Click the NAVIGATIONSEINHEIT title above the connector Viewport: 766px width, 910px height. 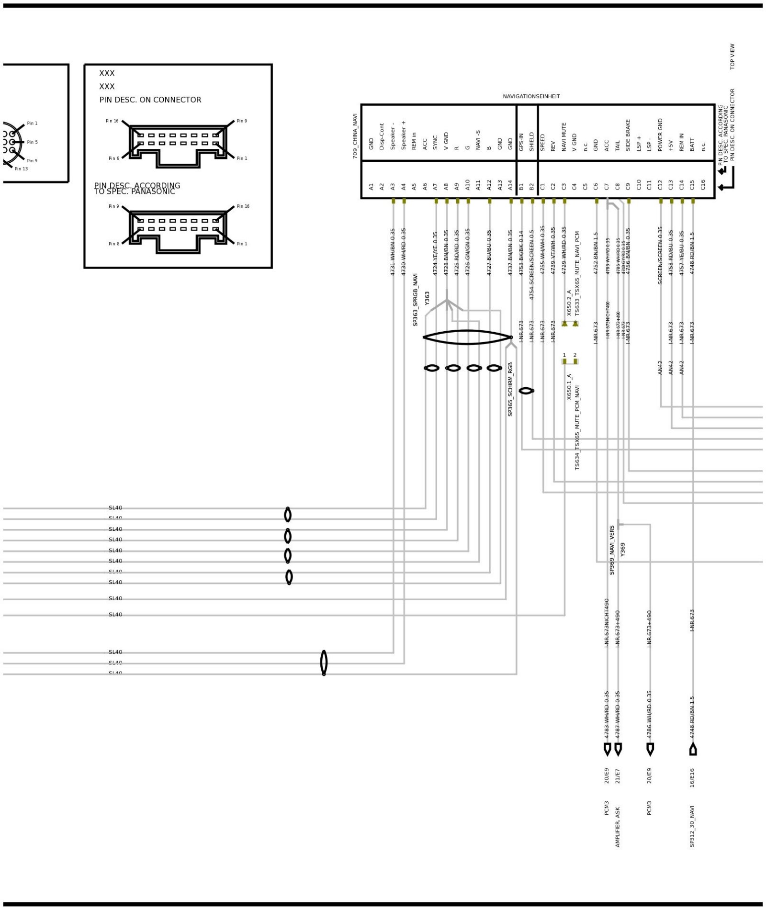click(x=531, y=97)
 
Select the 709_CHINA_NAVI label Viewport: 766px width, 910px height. click(x=355, y=136)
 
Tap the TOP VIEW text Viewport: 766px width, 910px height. click(x=732, y=57)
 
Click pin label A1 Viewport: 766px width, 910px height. click(x=371, y=187)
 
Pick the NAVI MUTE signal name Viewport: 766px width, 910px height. click(x=564, y=137)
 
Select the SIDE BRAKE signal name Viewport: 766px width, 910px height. click(x=628, y=135)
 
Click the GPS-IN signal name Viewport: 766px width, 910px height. click(x=521, y=142)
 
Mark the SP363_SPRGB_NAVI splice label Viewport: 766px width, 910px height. click(x=416, y=300)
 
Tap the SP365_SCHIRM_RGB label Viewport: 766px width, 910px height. click(x=510, y=389)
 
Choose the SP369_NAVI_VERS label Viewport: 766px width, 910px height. click(x=612, y=550)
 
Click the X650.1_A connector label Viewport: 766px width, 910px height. click(x=570, y=387)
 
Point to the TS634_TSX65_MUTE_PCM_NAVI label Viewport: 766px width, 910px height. click(x=577, y=427)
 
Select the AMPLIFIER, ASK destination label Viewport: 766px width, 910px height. click(x=618, y=827)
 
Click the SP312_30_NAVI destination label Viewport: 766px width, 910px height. click(x=692, y=826)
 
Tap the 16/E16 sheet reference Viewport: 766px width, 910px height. click(x=692, y=778)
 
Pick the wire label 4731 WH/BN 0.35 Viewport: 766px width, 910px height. click(x=393, y=252)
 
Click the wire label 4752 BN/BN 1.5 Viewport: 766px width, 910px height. click(x=596, y=253)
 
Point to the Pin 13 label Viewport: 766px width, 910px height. click(x=21, y=169)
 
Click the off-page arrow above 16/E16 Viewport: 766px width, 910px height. click(x=693, y=750)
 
